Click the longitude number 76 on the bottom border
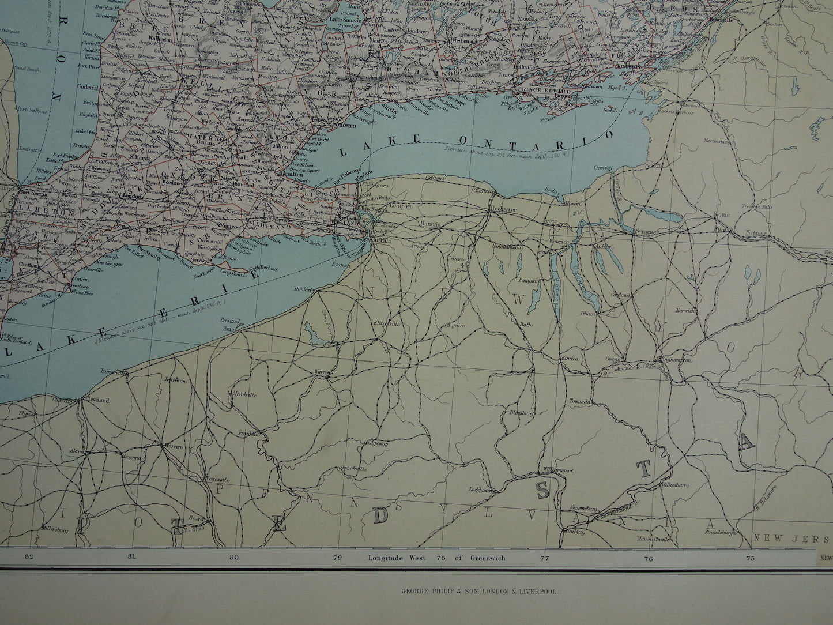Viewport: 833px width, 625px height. click(x=648, y=558)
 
